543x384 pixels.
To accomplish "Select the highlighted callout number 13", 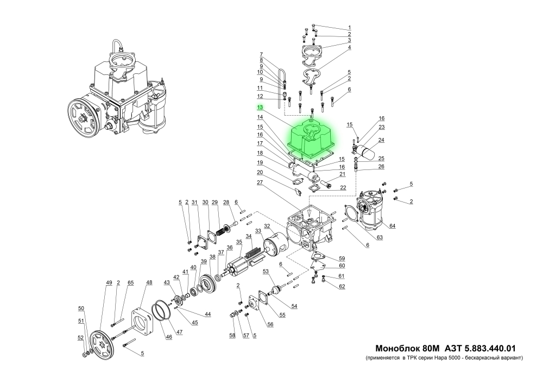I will pyautogui.click(x=260, y=108).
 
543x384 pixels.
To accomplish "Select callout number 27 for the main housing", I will pyautogui.click(x=260, y=184).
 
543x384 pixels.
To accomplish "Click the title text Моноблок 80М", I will pyautogui.click(x=407, y=348).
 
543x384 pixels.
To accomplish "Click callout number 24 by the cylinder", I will pyautogui.click(x=381, y=140).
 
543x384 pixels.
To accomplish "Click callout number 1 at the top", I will pyautogui.click(x=349, y=27).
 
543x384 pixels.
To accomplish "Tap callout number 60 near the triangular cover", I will pyautogui.click(x=342, y=266).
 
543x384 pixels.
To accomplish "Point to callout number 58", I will pyautogui.click(x=232, y=336).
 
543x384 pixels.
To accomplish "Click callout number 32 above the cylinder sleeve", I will pyautogui.click(x=267, y=226).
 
